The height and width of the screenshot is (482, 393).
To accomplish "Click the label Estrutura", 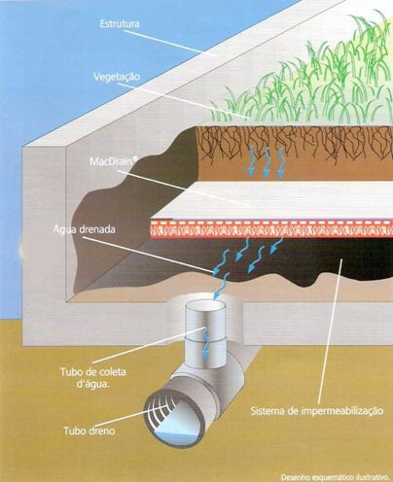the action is pos(120,24).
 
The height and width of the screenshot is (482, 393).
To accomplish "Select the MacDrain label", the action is pos(112,161).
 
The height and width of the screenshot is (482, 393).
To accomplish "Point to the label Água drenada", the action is pos(84,229).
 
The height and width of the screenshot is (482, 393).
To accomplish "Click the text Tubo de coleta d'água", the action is pos(93,378).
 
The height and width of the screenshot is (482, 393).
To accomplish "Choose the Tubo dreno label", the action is pos(89,431).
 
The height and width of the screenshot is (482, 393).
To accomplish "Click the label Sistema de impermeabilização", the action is pos(317,411).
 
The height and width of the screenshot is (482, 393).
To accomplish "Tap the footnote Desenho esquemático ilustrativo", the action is pos(335,477).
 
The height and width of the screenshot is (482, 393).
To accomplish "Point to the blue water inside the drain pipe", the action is pos(178,437).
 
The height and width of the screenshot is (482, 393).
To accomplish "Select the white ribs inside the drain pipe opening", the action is pos(161,411).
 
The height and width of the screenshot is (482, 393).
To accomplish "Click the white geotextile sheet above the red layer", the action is pos(272,200).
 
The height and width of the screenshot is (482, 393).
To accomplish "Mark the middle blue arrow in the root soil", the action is pos(267,161).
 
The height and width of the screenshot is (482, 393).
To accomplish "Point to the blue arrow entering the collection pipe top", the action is pos(220,286).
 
